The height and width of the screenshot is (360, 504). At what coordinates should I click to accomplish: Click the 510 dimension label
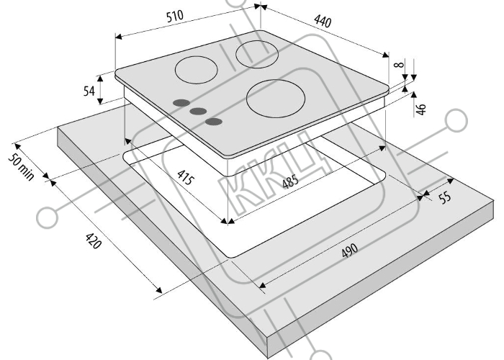(175, 16)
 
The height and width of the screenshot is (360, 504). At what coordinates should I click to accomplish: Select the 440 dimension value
(323, 21)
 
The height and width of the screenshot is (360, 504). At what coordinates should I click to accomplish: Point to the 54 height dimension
(89, 91)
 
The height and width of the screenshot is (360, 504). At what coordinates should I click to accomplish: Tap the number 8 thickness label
(399, 65)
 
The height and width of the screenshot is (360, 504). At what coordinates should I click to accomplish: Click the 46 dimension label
(420, 109)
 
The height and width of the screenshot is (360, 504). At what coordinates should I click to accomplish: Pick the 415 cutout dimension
(186, 177)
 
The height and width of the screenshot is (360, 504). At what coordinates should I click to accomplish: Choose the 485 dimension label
(290, 181)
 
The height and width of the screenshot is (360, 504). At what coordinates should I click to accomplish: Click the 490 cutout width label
(349, 251)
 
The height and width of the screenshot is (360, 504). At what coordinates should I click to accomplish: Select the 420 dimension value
(93, 240)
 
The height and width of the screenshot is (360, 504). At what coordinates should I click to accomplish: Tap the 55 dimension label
(445, 197)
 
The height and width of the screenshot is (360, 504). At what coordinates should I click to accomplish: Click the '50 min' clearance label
(21, 167)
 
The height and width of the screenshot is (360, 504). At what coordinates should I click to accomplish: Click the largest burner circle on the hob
(276, 99)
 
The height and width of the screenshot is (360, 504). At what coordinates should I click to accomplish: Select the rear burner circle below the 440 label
(257, 55)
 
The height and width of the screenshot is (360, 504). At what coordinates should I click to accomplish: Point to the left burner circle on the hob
(197, 70)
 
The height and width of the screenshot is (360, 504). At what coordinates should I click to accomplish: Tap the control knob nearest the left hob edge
(181, 103)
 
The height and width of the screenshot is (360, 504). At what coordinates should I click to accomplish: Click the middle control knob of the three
(198, 111)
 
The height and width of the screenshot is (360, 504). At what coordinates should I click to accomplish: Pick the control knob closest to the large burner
(214, 122)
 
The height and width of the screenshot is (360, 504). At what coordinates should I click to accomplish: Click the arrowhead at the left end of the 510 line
(118, 37)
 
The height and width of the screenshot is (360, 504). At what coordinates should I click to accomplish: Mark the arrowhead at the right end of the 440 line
(385, 55)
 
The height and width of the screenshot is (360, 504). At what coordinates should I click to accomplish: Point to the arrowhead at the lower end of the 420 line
(159, 290)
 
